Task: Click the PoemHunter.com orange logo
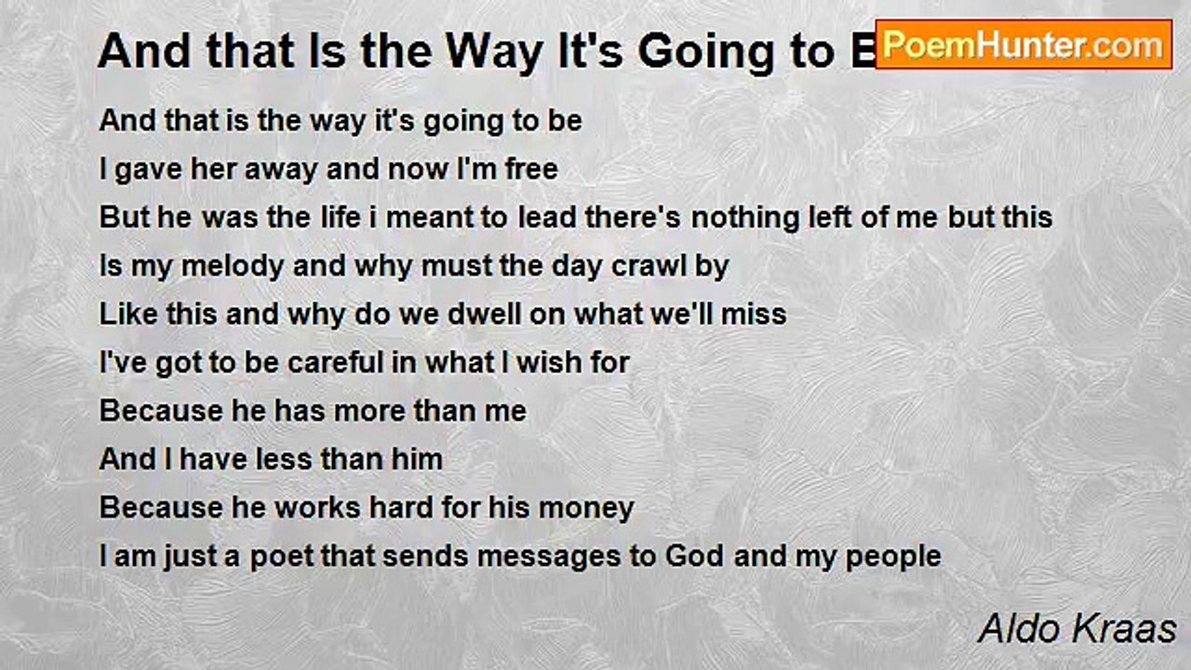pos(1024,45)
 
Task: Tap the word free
pos(531,169)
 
